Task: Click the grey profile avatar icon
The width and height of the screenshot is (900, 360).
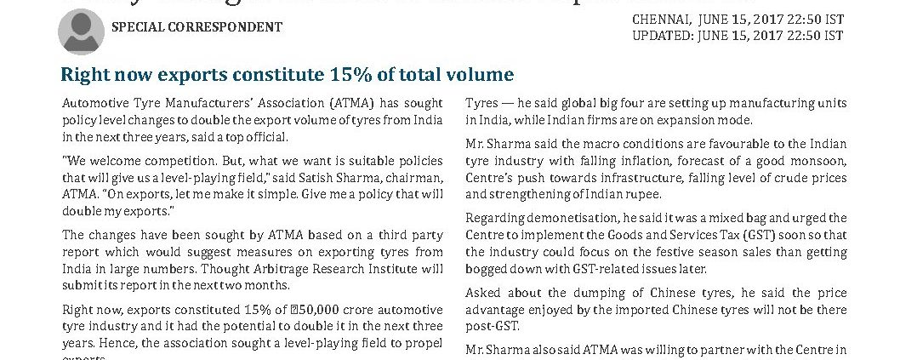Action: pos(81,31)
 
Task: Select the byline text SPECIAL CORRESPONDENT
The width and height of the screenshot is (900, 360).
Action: pos(197,27)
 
